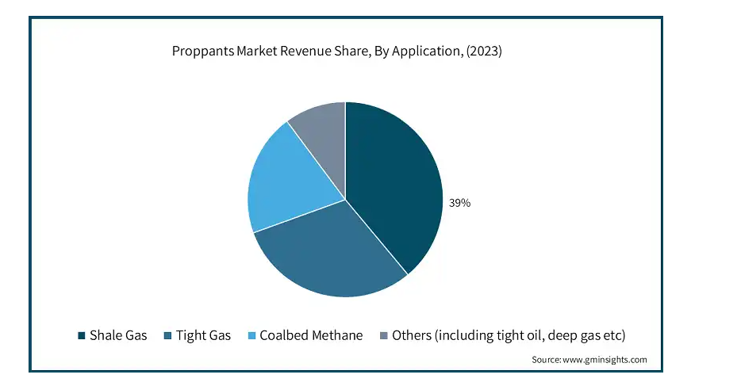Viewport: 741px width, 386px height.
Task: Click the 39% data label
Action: tap(459, 203)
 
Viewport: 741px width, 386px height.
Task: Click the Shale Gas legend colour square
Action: tap(81, 336)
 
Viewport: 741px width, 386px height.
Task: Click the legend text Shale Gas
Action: tap(118, 335)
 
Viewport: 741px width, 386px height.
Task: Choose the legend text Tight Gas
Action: tap(203, 335)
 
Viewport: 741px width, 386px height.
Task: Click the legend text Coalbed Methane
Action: tap(310, 335)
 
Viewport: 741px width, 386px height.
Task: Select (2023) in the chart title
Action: tap(481, 52)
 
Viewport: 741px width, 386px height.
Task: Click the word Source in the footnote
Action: tap(546, 360)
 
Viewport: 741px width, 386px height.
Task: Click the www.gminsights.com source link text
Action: tap(605, 360)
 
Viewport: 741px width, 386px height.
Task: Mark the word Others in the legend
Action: tap(413, 335)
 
